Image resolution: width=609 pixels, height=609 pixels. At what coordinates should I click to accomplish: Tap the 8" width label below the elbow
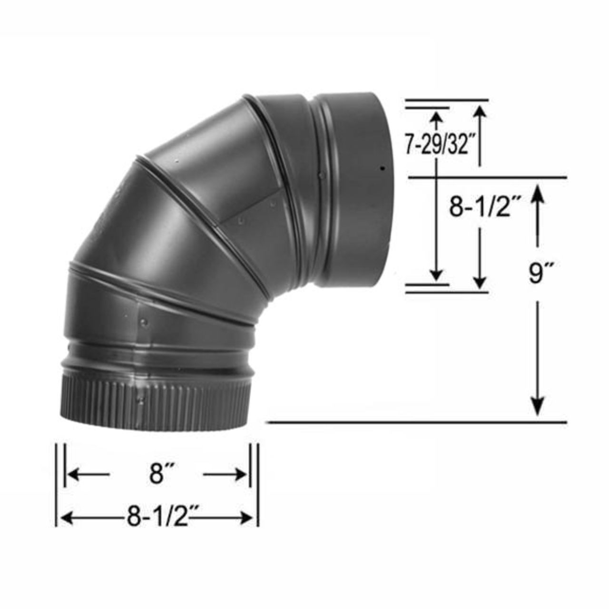coord(157,474)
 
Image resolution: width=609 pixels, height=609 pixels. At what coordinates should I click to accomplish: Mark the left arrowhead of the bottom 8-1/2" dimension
coord(65,517)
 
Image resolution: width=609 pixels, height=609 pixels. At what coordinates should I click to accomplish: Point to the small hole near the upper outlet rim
coord(382,168)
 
